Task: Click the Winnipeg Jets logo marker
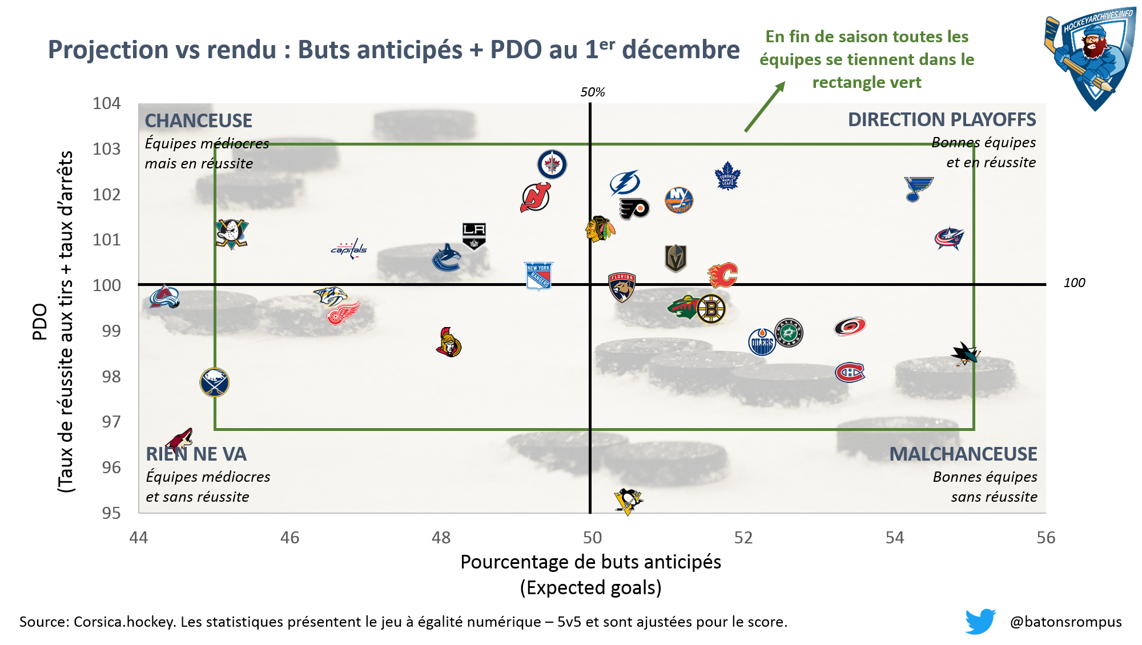pyautogui.click(x=552, y=164)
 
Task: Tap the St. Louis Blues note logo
pyautogui.click(x=918, y=189)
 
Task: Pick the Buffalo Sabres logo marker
pyautogui.click(x=215, y=382)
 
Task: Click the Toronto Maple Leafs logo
pyautogui.click(x=727, y=176)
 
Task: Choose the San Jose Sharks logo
pyautogui.click(x=966, y=354)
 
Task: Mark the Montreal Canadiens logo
pyautogui.click(x=850, y=372)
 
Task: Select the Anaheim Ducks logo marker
pyautogui.click(x=231, y=234)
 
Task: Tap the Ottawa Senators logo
pyautogui.click(x=449, y=342)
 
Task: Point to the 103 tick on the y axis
pyautogui.click(x=107, y=149)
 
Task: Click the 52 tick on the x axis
pyautogui.click(x=743, y=538)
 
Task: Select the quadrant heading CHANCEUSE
pyautogui.click(x=198, y=120)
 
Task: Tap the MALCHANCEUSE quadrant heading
pyautogui.click(x=963, y=454)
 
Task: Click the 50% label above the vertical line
pyautogui.click(x=593, y=92)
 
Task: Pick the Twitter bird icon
pyautogui.click(x=980, y=621)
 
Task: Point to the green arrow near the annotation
pyautogui.click(x=765, y=107)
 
